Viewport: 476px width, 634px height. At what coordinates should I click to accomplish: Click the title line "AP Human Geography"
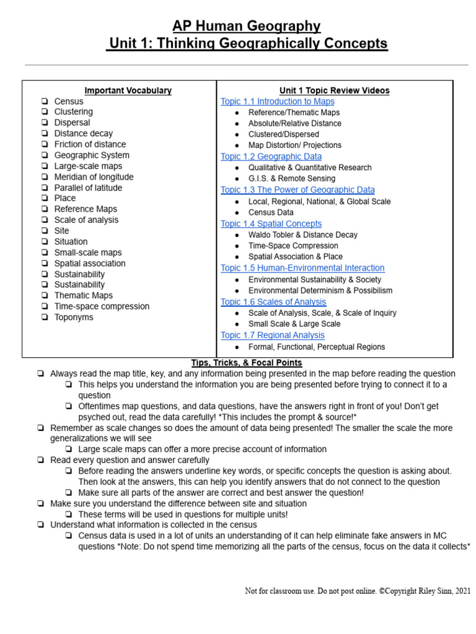pyautogui.click(x=246, y=26)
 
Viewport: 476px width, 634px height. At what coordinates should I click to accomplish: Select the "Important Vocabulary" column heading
pyautogui.click(x=128, y=90)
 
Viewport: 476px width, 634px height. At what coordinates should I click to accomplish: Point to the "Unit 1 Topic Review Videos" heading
pyautogui.click(x=334, y=90)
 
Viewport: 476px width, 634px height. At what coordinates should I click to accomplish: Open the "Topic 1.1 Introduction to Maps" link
pyautogui.click(x=277, y=102)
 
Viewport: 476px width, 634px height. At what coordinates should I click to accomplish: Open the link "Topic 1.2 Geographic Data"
pyautogui.click(x=271, y=157)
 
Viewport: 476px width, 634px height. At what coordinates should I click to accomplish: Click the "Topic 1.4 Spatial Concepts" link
pyautogui.click(x=271, y=224)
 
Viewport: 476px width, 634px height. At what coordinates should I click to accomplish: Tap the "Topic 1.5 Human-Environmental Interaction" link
pyautogui.click(x=302, y=268)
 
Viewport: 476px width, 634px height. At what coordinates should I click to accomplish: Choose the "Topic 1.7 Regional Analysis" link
pyautogui.click(x=272, y=336)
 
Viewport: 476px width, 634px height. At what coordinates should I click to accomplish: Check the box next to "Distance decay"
pyautogui.click(x=45, y=134)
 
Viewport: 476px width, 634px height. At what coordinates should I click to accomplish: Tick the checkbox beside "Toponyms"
pyautogui.click(x=45, y=318)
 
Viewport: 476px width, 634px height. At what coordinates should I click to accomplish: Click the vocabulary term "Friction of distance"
pyautogui.click(x=90, y=144)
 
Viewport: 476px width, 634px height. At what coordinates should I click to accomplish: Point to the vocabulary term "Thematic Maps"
pyautogui.click(x=84, y=296)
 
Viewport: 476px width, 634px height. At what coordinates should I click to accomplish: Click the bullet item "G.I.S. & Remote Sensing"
pyautogui.click(x=291, y=179)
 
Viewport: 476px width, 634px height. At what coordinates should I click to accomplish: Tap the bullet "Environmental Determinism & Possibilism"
pyautogui.click(x=320, y=291)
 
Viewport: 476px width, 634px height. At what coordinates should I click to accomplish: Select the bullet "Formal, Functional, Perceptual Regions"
pyautogui.click(x=316, y=347)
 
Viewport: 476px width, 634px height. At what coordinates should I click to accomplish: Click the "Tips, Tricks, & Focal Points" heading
pyautogui.click(x=246, y=363)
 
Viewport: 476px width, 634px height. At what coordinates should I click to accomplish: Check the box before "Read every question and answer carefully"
pyautogui.click(x=40, y=461)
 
